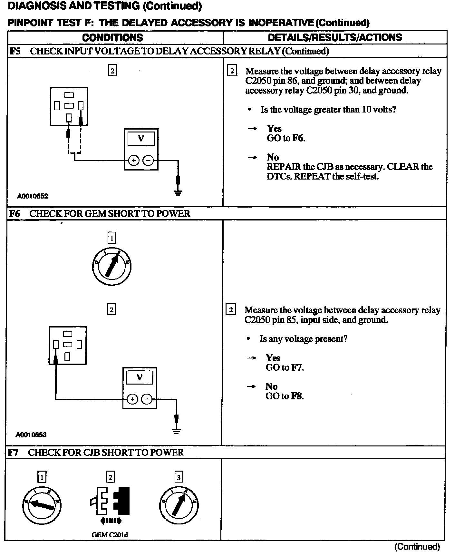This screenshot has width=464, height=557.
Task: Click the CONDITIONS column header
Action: [112, 37]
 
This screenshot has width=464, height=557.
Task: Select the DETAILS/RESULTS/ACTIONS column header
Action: [335, 37]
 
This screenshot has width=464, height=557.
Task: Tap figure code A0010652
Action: [33, 196]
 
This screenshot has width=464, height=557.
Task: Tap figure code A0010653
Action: [31, 435]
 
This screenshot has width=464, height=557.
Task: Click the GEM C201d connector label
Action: [110, 535]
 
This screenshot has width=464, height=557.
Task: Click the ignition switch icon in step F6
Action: [111, 266]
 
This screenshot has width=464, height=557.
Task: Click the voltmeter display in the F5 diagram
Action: [141, 139]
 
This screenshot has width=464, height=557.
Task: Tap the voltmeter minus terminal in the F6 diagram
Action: [147, 399]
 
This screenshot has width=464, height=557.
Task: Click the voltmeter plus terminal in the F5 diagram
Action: [134, 160]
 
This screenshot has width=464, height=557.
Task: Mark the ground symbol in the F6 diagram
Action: [176, 431]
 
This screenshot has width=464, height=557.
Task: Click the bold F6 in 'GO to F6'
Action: [298, 138]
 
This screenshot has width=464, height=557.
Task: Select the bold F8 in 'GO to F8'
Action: [297, 396]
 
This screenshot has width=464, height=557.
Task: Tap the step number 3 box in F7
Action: [179, 477]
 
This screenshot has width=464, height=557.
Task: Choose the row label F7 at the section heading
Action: [13, 453]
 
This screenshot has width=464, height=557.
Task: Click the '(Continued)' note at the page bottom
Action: [417, 546]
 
